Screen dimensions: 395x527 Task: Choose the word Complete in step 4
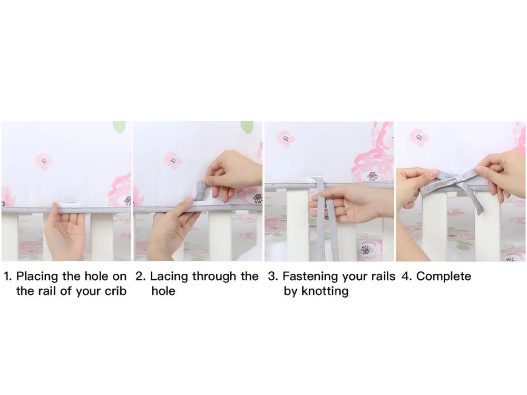point(444,276)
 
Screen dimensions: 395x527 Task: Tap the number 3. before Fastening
point(272,276)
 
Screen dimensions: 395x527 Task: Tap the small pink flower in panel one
point(44,160)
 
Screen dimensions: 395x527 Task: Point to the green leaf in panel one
point(120,126)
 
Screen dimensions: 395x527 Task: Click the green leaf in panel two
point(247,126)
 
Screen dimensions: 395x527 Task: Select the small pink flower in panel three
point(286,139)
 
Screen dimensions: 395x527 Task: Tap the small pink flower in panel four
point(419,137)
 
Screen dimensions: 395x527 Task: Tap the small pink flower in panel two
point(172,160)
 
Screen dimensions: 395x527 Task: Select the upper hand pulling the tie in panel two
point(235,171)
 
